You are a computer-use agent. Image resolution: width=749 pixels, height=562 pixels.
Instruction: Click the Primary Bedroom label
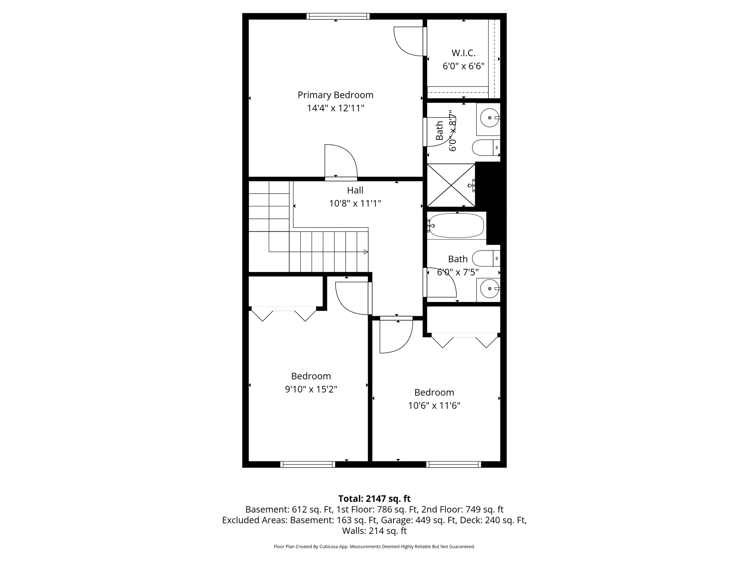coord(335,95)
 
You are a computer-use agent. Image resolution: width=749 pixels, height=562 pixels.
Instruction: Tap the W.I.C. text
coord(463,53)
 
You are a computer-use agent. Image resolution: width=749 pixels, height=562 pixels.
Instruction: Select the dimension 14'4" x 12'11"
coord(335,108)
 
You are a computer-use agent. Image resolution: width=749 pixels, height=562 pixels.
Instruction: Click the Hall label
coord(355,190)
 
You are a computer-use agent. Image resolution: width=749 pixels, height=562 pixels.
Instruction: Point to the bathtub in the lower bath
coord(456,225)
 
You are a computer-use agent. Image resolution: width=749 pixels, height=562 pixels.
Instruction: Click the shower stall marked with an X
coord(451,185)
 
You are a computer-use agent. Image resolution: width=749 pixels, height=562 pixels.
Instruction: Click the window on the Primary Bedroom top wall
coord(338,16)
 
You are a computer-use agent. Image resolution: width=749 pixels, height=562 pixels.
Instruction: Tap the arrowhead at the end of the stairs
coord(366,252)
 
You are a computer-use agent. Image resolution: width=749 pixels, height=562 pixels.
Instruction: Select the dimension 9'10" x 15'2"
coord(311,389)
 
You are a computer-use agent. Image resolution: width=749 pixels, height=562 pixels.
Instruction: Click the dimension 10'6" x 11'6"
coord(434,405)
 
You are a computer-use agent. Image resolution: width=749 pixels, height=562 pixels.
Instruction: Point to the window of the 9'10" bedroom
coord(308,464)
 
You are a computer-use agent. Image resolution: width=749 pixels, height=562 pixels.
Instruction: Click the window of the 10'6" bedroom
coord(453,464)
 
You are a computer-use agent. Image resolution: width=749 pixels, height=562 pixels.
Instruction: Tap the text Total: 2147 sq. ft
coord(374,499)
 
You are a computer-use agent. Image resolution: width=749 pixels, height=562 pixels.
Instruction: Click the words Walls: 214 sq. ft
coord(374,531)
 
